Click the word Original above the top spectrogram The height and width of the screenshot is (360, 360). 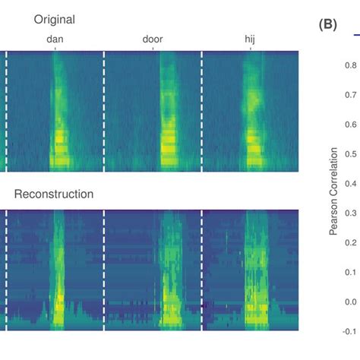[x=55, y=18]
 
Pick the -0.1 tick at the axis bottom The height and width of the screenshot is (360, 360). [x=348, y=331]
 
